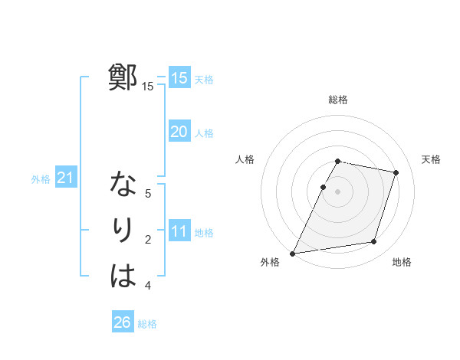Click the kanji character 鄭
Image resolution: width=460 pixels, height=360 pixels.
(x=123, y=77)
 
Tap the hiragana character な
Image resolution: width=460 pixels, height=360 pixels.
(x=123, y=185)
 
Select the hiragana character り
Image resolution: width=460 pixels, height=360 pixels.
(x=123, y=231)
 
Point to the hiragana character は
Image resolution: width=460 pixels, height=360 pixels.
(x=123, y=277)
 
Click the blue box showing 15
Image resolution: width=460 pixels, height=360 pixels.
(x=179, y=77)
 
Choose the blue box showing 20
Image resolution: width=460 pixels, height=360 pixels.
(x=179, y=132)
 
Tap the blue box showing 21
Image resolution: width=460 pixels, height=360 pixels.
(x=64, y=178)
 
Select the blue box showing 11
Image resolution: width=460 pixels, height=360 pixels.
(x=179, y=231)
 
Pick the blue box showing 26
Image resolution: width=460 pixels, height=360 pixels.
(x=122, y=322)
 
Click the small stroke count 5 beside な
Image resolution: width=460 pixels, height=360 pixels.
(x=148, y=194)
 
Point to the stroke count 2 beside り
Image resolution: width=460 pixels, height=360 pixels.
(x=148, y=240)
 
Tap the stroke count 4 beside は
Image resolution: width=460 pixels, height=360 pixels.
(x=148, y=286)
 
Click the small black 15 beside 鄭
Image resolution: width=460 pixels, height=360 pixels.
(x=147, y=87)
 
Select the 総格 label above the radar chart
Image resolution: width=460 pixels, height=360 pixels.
(x=338, y=100)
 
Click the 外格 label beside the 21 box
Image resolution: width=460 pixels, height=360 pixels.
(x=41, y=179)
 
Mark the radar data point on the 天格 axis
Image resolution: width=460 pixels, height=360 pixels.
(x=396, y=172)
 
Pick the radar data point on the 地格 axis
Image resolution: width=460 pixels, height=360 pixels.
(x=374, y=242)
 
